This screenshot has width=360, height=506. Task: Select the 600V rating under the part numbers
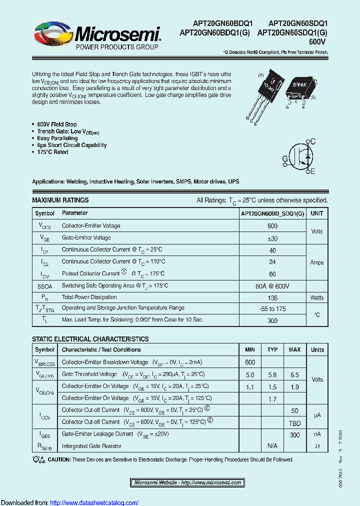(x=317, y=41)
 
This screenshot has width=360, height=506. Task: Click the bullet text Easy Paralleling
(x=57, y=138)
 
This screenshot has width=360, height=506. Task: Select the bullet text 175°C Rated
(x=52, y=152)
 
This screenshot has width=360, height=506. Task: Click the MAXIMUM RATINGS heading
(x=60, y=200)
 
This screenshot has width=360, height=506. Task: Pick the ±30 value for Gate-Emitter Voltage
(x=272, y=238)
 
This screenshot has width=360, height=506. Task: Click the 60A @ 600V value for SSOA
(x=272, y=286)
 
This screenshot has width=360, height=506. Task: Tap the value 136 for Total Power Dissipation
(x=272, y=297)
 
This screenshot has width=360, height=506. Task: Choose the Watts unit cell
(x=316, y=297)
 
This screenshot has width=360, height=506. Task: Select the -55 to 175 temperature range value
(x=272, y=309)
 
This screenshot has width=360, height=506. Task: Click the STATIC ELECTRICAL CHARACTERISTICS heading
(x=90, y=339)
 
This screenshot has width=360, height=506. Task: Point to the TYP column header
(x=272, y=349)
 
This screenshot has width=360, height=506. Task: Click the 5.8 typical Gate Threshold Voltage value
(x=272, y=374)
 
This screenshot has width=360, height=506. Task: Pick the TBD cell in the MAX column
(x=294, y=422)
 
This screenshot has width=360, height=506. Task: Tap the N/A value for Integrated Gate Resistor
(x=272, y=445)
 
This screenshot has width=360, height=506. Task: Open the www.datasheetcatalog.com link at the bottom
(x=94, y=502)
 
